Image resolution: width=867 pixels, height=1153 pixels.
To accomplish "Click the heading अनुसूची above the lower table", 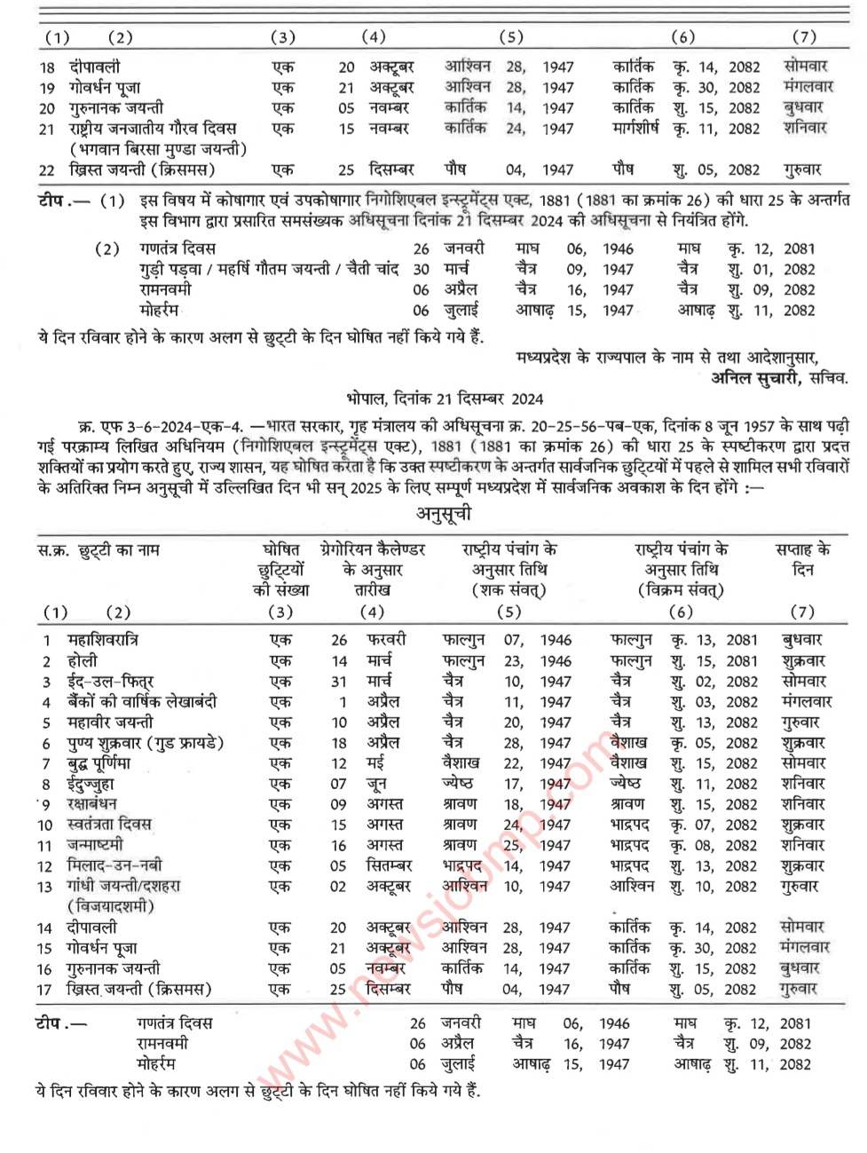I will coord(444,514).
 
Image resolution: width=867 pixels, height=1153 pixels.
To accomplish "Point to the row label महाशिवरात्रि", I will coord(103,640).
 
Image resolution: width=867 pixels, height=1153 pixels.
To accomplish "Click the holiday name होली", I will coord(83,661).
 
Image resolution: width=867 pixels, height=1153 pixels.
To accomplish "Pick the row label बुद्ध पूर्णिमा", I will coord(99,763).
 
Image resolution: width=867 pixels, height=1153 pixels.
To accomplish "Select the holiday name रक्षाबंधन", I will coord(92,804).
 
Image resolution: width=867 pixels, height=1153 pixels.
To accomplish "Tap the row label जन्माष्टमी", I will coord(95,845).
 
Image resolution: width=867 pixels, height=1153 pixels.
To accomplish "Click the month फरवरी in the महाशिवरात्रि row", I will coord(387,640).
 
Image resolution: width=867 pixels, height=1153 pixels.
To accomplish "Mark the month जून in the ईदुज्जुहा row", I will coord(376,784).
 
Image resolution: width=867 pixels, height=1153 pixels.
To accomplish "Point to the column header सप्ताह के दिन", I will coord(802,559).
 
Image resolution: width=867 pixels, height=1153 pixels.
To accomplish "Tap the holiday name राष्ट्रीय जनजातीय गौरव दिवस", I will coord(153,129).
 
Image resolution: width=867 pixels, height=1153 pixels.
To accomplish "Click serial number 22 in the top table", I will coord(47,170).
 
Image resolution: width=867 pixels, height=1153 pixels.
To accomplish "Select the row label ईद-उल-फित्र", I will coord(111,682).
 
